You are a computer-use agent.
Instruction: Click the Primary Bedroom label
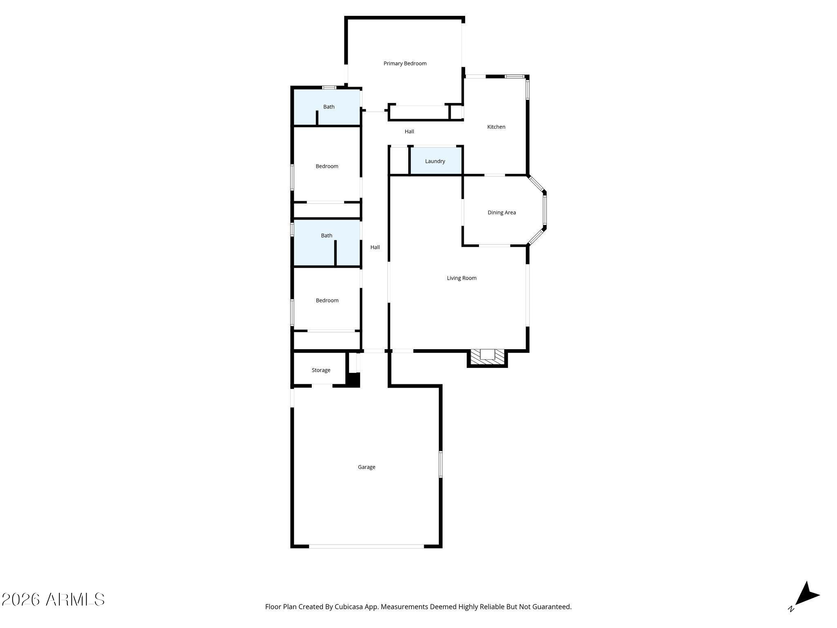[405, 63]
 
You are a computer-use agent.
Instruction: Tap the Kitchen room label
[496, 127]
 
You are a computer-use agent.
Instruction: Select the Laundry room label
[435, 161]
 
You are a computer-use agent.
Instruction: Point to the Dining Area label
[501, 212]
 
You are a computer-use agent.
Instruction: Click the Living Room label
[461, 278]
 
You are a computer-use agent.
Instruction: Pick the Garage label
[366, 467]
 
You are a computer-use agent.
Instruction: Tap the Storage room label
[321, 370]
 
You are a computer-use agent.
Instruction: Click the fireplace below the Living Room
[487, 358]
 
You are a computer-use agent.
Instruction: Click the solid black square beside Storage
[353, 379]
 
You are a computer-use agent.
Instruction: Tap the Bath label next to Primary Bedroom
[329, 107]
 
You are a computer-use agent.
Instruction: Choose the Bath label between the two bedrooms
[327, 235]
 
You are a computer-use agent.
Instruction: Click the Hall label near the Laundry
[409, 131]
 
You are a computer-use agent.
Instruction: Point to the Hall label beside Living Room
[375, 247]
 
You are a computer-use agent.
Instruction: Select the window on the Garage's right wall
[441, 464]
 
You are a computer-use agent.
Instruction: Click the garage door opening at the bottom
[366, 546]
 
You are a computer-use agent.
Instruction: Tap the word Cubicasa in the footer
[349, 607]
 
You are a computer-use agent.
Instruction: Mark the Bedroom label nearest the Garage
[327, 301]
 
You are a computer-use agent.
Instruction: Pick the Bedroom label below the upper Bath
[327, 166]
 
